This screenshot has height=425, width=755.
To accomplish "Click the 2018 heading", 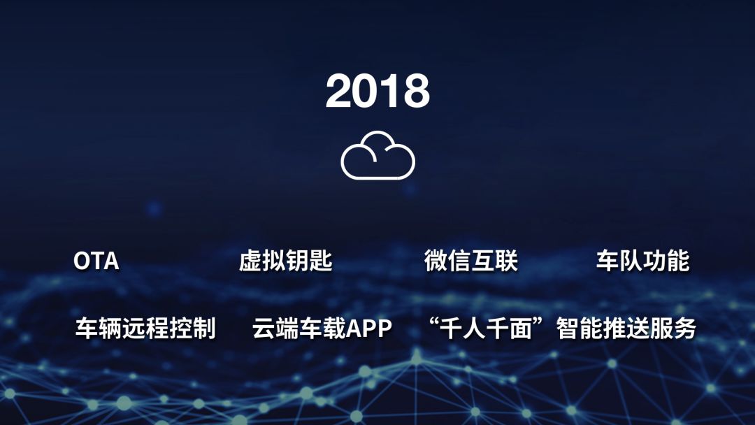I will (x=377, y=91).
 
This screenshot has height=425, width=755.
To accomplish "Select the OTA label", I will (x=96, y=261).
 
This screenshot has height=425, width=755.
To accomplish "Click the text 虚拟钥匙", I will (x=285, y=261).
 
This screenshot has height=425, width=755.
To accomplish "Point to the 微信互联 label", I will (x=470, y=261).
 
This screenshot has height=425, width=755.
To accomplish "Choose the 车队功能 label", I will (x=642, y=261).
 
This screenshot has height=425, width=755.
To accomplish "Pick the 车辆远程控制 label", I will (x=145, y=329).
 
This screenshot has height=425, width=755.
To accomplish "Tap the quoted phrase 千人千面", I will (x=489, y=329).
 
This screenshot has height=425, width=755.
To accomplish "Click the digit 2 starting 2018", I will (x=340, y=91).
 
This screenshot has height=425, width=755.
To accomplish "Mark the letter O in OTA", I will (x=82, y=261).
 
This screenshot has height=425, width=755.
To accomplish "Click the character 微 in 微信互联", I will (x=436, y=261).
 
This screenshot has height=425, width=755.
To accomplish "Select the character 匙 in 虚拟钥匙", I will (x=321, y=261).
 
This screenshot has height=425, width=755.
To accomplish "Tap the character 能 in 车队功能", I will (x=677, y=261).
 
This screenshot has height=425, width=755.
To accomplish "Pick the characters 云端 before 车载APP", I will (x=275, y=329).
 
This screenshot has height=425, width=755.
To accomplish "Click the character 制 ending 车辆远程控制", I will (x=204, y=329).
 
